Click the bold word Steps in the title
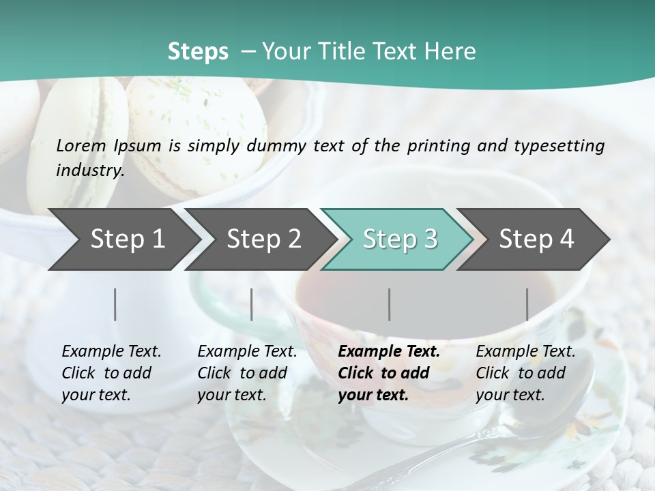pos(198,52)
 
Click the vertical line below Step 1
pos(115,304)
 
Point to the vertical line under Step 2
pos(252,304)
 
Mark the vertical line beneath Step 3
pos(390,304)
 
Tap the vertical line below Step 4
pos(527,304)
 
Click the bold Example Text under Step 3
pos(389,352)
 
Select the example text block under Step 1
pos(111,373)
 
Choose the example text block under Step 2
pos(247,373)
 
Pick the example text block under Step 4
pos(525,373)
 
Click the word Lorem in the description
pos(81,145)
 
